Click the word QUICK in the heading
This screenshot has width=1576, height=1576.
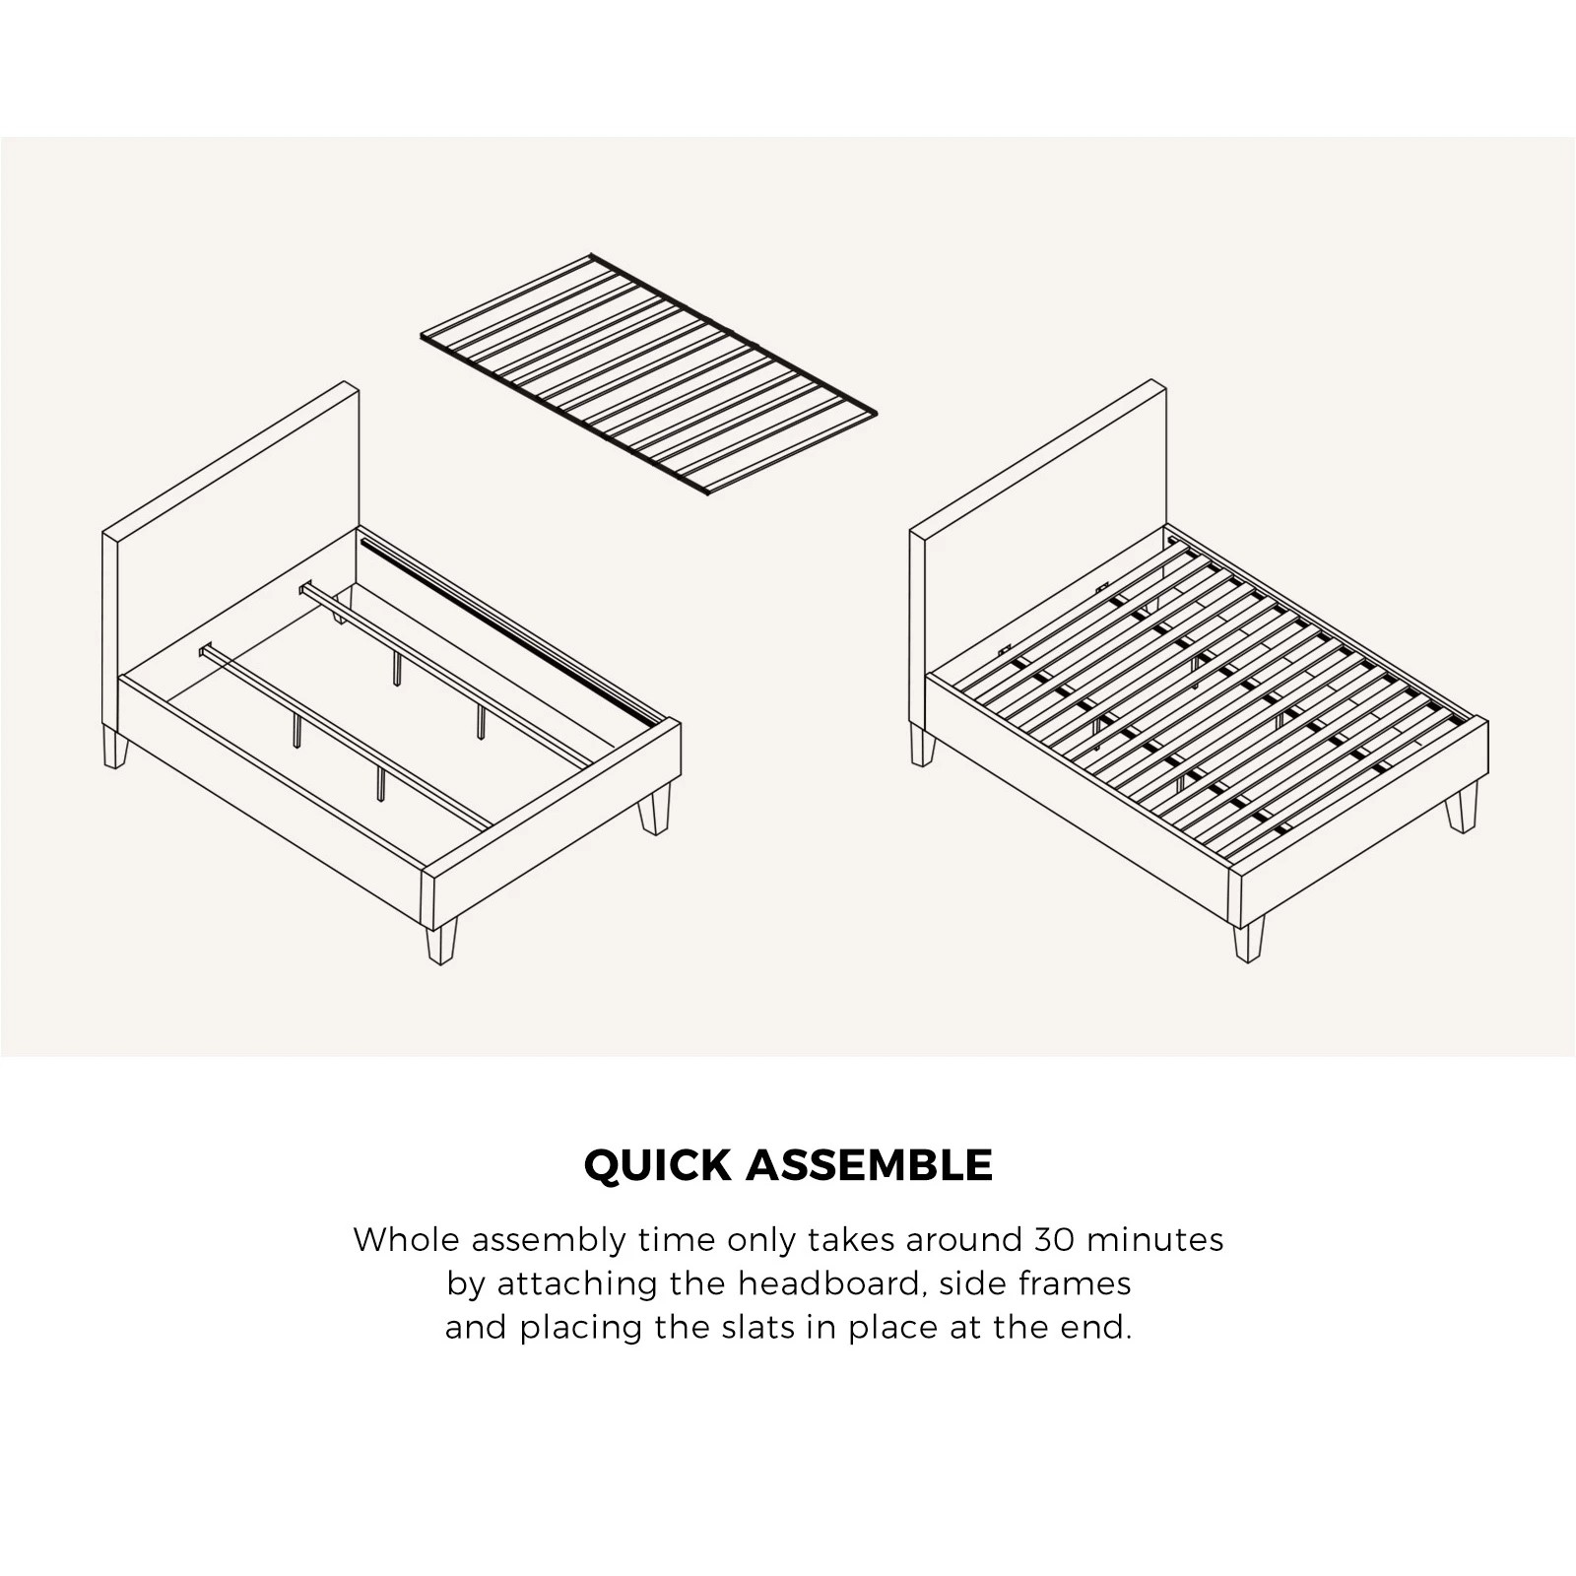(x=658, y=1165)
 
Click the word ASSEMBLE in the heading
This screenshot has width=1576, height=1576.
(x=869, y=1165)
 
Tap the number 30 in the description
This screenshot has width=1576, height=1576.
(x=1054, y=1239)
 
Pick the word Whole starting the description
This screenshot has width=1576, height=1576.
(x=406, y=1239)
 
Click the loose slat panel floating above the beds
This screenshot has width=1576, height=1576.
(x=647, y=379)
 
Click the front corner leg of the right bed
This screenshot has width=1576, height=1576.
(x=1248, y=942)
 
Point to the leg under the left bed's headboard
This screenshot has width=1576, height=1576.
(x=115, y=748)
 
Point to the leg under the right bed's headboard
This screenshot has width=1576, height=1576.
(x=923, y=746)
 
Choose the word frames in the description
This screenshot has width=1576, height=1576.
(x=1082, y=1283)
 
